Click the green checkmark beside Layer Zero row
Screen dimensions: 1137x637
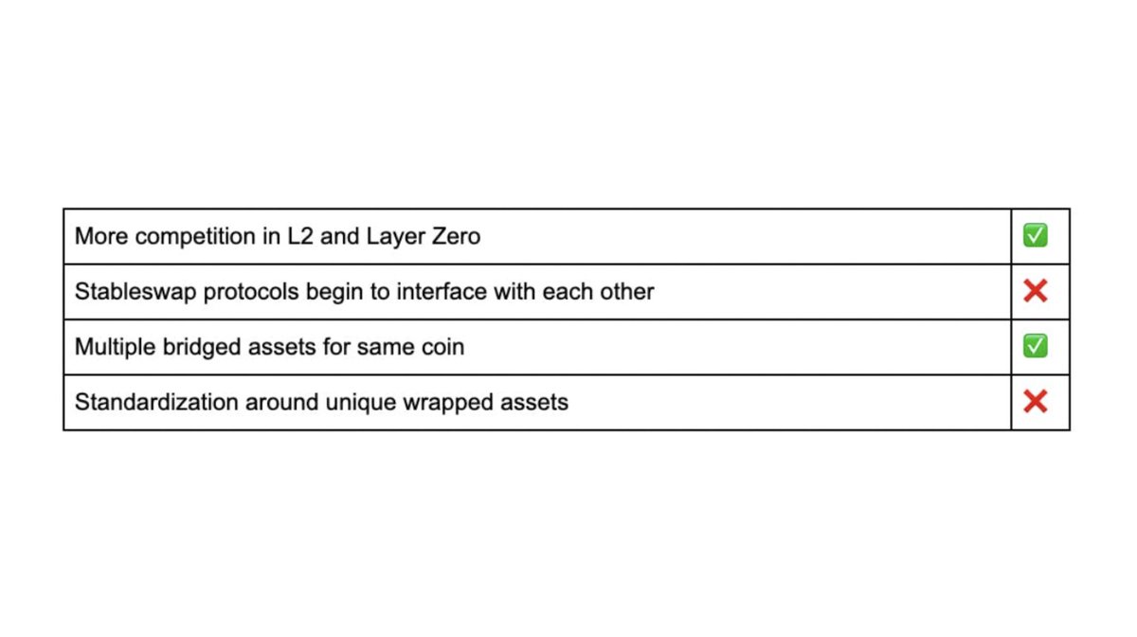[1035, 236]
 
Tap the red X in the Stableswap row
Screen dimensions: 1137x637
[1035, 291]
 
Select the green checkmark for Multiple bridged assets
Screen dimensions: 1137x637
[1035, 346]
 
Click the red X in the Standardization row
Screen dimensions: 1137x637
[1035, 402]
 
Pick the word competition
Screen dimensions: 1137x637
[196, 237]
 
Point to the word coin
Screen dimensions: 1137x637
[444, 347]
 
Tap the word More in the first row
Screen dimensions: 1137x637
[101, 236]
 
